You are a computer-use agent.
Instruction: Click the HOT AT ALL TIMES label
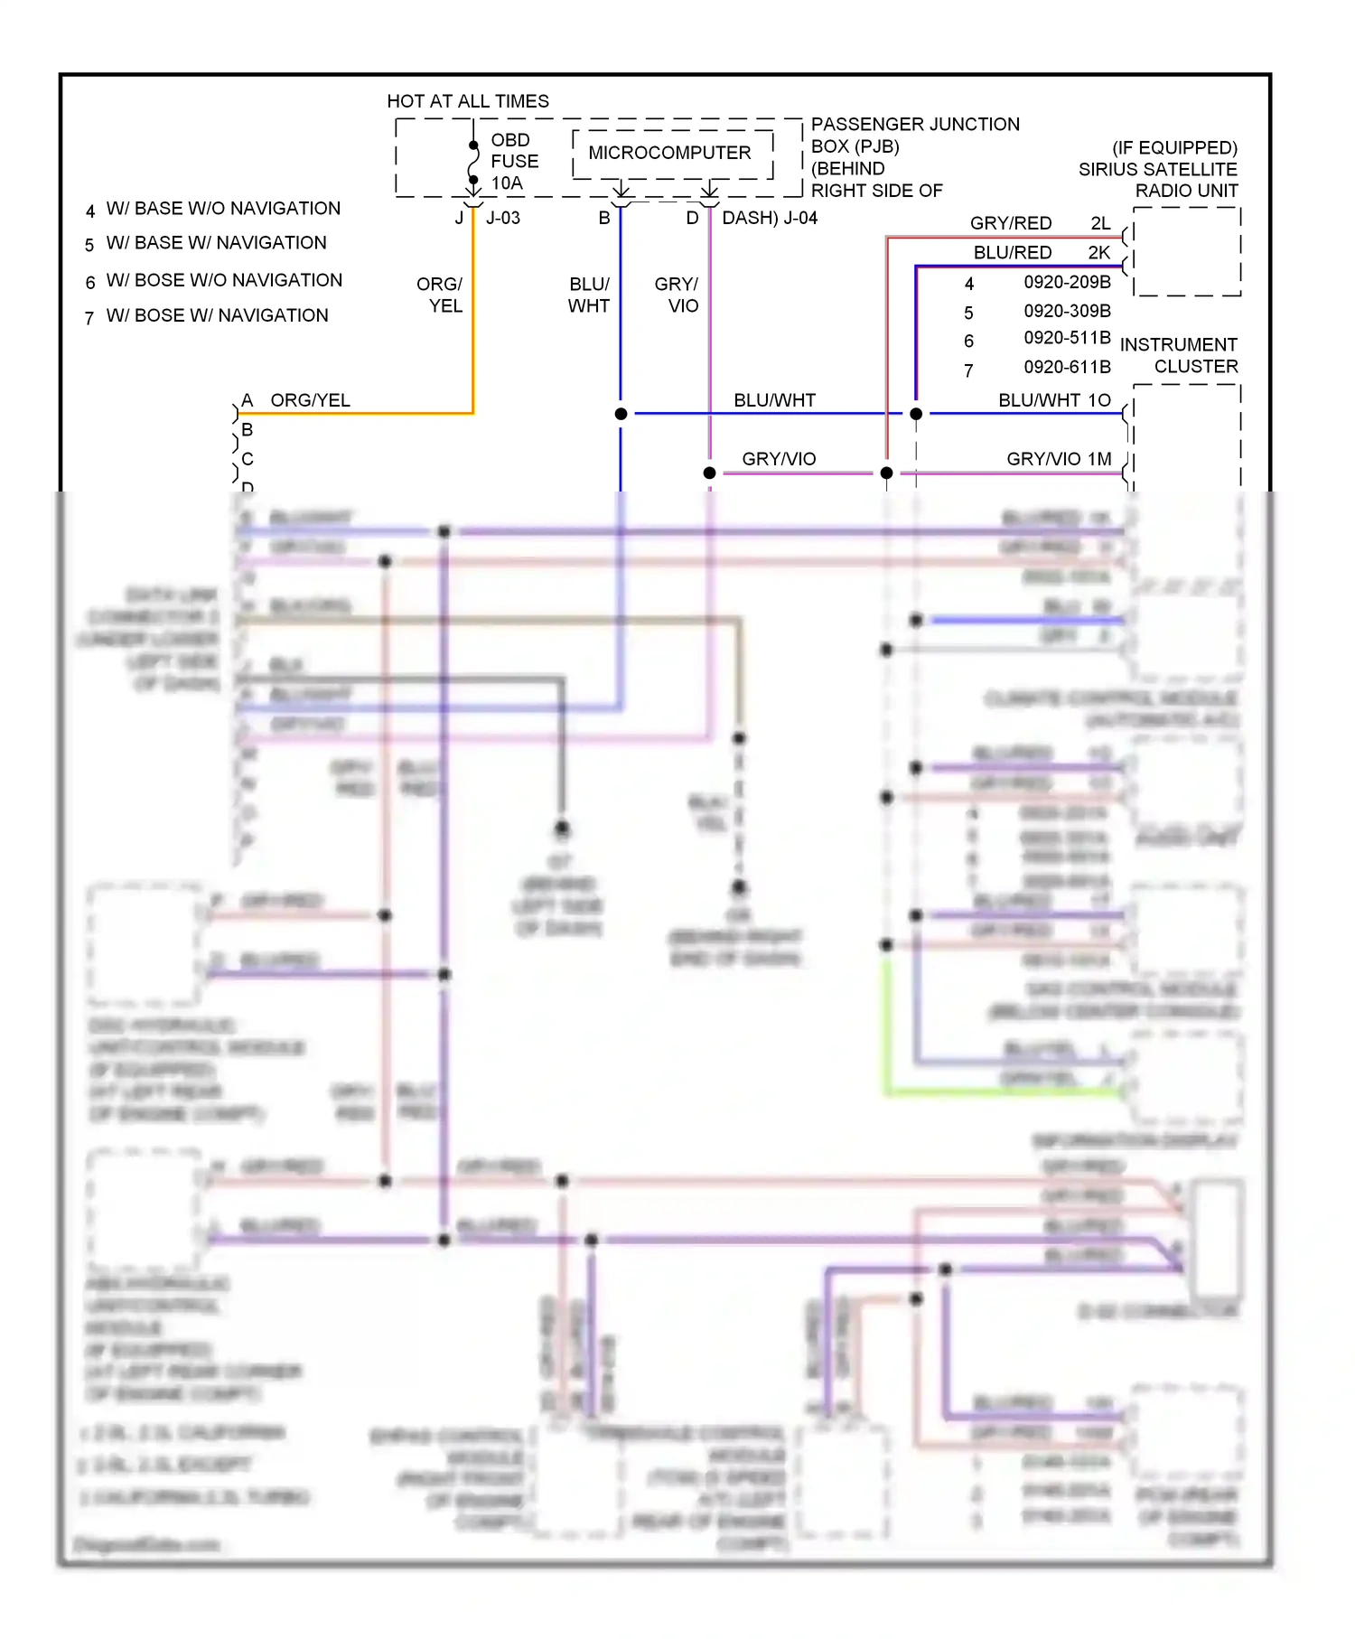tap(467, 101)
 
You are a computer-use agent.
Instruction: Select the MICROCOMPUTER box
tap(670, 153)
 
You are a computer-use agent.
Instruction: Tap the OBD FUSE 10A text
tap(514, 162)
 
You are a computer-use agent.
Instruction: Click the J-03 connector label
tap(503, 218)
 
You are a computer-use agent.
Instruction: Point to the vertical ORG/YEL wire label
tap(440, 295)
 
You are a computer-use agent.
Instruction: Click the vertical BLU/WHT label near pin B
tap(589, 295)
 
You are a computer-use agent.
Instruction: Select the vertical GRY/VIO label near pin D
tap(677, 295)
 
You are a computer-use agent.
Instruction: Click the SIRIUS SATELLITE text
tap(1157, 169)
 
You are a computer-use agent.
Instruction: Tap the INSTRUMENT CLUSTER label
tap(1179, 355)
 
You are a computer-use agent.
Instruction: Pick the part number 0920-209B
tap(1067, 282)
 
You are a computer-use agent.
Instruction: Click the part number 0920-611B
tap(1067, 367)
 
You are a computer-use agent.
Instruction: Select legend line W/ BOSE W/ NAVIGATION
tap(217, 315)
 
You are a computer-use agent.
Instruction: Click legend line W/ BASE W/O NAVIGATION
tap(223, 209)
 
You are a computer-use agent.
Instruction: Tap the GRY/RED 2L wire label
tap(1039, 223)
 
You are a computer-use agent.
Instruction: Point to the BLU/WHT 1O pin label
tap(1054, 400)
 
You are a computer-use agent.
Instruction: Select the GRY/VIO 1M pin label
tap(1059, 459)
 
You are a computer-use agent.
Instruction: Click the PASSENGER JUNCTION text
tap(914, 124)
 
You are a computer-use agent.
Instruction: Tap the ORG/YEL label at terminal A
tap(310, 400)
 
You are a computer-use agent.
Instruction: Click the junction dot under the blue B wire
tap(621, 414)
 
